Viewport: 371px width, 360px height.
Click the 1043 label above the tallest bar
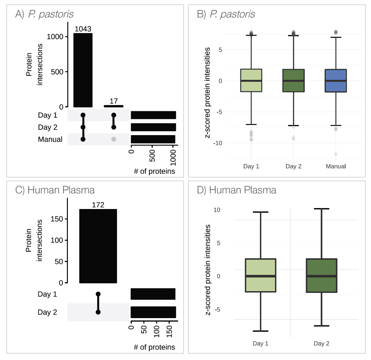tap(83, 29)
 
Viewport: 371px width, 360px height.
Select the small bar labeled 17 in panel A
tap(114, 106)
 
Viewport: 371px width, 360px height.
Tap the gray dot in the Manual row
tap(114, 139)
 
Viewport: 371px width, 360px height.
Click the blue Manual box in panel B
tap(335, 81)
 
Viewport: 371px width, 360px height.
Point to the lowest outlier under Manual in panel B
tap(335, 154)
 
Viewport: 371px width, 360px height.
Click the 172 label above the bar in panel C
tap(98, 205)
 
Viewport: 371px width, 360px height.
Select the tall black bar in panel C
tap(98, 246)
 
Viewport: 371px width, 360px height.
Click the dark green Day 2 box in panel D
tap(321, 275)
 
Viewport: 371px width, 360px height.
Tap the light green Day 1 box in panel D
tap(260, 275)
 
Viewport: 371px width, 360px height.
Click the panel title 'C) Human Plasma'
tap(55, 190)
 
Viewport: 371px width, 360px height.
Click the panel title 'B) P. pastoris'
tap(226, 14)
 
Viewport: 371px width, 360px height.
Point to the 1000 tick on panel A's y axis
tap(55, 37)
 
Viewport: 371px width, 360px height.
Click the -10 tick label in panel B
tap(218, 143)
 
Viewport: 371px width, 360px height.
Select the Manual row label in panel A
tap(50, 139)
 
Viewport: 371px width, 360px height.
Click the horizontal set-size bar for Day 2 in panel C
tap(153, 312)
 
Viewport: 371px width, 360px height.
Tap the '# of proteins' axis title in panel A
tap(154, 171)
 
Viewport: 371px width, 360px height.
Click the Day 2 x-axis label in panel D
tap(321, 344)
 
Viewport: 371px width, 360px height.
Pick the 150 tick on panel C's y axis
tap(57, 219)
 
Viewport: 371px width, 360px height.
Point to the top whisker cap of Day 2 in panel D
tap(321, 209)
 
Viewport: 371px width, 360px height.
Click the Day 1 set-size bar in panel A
tap(153, 115)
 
